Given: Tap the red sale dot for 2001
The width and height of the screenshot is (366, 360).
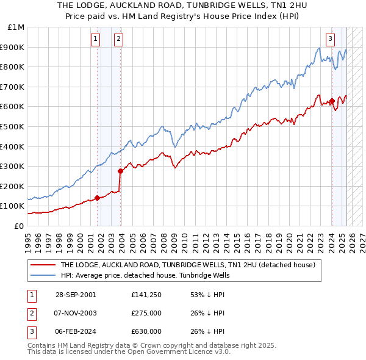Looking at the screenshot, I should coord(97,198).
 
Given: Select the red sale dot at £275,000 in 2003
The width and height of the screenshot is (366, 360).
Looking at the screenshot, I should coord(120,171).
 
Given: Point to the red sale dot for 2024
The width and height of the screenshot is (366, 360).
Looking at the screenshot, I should coord(331,101).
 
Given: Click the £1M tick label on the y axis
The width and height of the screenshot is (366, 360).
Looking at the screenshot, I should coord(16,27).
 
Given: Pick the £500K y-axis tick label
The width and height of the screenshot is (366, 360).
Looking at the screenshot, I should coord(13,126).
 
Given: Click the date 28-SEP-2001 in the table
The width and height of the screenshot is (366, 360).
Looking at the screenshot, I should coord(76,295).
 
